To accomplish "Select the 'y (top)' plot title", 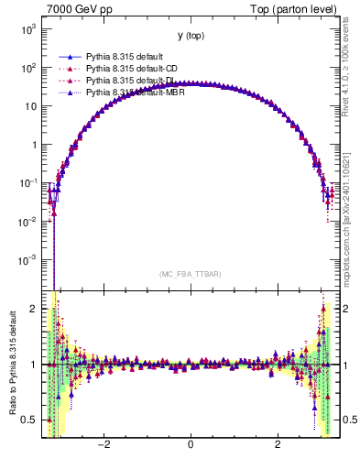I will point(191,36).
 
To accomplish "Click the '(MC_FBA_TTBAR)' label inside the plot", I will point(191,274).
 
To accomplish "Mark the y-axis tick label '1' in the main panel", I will point(35,145).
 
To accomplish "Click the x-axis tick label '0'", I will point(191,444).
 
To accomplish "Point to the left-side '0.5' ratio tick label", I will point(30,420).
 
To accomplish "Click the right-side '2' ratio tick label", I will point(345,309).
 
